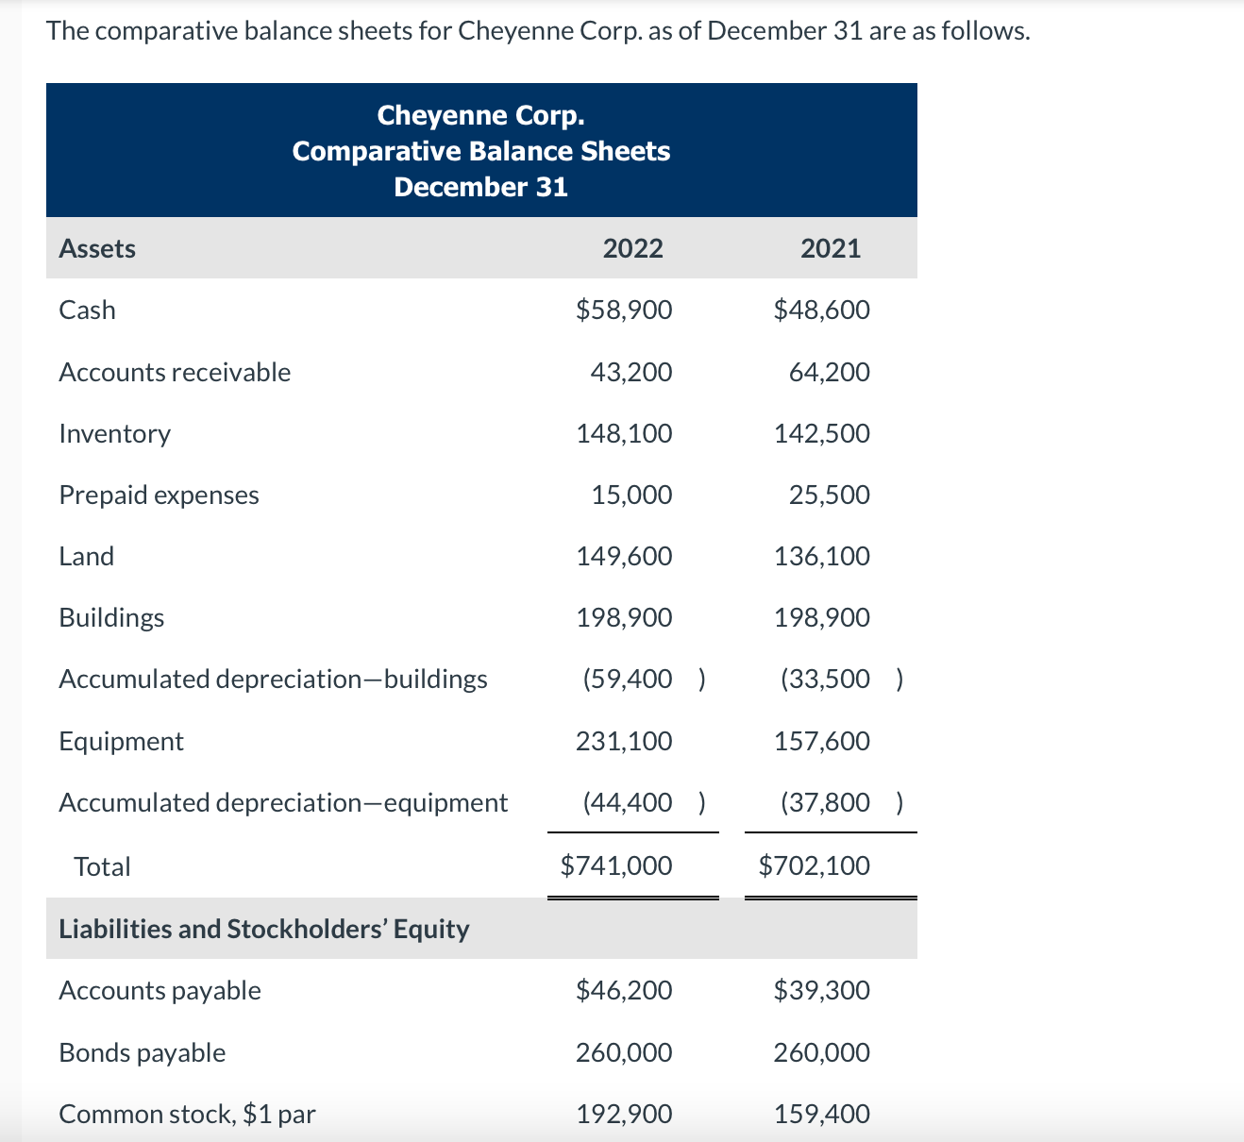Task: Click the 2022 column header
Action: click(x=632, y=248)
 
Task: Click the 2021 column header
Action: click(x=830, y=248)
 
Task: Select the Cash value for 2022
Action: click(x=624, y=310)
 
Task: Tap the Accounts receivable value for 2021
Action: click(x=829, y=372)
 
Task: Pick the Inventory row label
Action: click(x=114, y=433)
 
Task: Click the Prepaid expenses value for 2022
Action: click(x=631, y=495)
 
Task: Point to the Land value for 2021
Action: click(x=821, y=556)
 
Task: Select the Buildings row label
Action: click(x=111, y=617)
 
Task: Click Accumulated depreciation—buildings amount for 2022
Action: click(x=629, y=679)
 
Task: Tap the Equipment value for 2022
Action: click(x=624, y=741)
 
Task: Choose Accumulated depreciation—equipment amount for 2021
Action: click(x=826, y=802)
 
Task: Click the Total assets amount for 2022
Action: click(x=616, y=865)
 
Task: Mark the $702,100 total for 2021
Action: click(x=814, y=865)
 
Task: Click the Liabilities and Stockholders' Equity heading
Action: click(x=263, y=929)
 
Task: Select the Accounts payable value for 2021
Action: click(x=821, y=990)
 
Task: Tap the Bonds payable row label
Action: click(x=142, y=1052)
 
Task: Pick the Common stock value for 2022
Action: click(x=624, y=1114)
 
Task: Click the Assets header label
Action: click(x=97, y=248)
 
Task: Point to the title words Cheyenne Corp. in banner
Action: click(x=480, y=115)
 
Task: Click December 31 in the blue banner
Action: click(x=480, y=187)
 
